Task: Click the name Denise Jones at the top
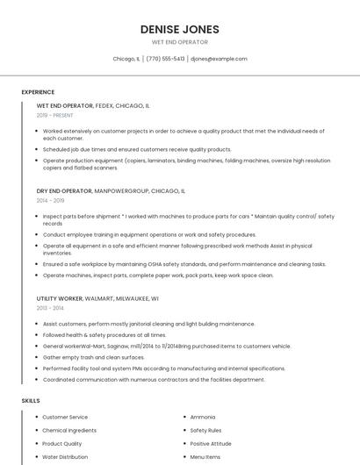[180, 29]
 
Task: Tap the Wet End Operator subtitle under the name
[180, 42]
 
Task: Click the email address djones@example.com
[219, 59]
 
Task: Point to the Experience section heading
[38, 92]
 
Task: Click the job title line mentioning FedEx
[93, 105]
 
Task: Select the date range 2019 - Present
[55, 115]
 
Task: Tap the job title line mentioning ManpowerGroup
[111, 190]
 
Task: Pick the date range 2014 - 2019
[51, 200]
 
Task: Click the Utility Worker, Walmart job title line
[97, 297]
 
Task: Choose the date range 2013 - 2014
[51, 308]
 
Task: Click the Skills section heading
[31, 400]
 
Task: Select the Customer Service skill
[65, 417]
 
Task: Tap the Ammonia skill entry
[203, 417]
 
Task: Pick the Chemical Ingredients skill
[69, 430]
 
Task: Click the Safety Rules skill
[205, 430]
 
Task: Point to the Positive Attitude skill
[211, 443]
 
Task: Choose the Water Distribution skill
[65, 456]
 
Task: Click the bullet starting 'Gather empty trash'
[94, 357]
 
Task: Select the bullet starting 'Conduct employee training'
[149, 234]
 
